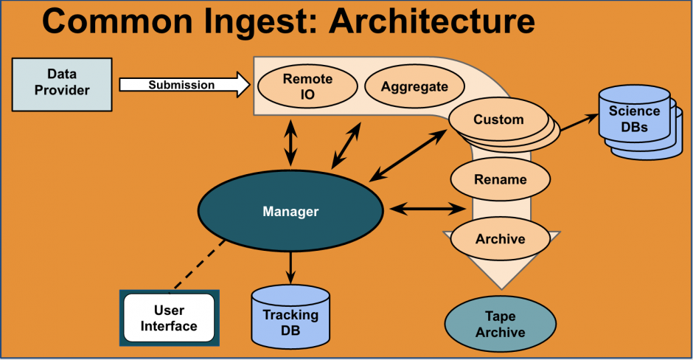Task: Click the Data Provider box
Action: click(62, 85)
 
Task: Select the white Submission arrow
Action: click(185, 85)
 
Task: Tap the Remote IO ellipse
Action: click(307, 86)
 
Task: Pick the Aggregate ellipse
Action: click(414, 86)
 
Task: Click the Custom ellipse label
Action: click(498, 120)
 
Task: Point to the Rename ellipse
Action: click(501, 179)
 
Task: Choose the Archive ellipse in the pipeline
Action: click(501, 239)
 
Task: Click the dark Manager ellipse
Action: click(290, 212)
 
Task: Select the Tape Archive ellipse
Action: click(501, 324)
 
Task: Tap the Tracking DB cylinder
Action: click(290, 316)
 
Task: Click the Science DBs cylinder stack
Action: click(640, 122)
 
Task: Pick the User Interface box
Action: click(170, 318)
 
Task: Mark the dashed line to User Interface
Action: click(200, 265)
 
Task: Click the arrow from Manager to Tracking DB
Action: click(290, 268)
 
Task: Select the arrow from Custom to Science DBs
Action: click(579, 122)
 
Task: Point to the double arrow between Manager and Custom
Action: click(408, 155)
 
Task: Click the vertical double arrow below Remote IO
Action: click(290, 143)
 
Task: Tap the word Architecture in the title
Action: click(432, 21)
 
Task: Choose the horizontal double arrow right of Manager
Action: click(428, 209)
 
